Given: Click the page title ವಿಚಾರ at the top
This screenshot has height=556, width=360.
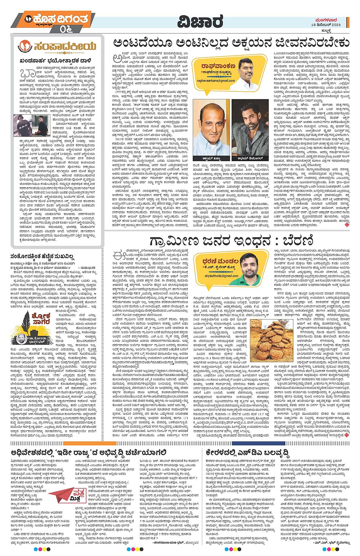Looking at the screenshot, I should click(x=200, y=22).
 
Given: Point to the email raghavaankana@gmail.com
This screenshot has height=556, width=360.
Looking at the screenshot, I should click(x=216, y=81).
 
